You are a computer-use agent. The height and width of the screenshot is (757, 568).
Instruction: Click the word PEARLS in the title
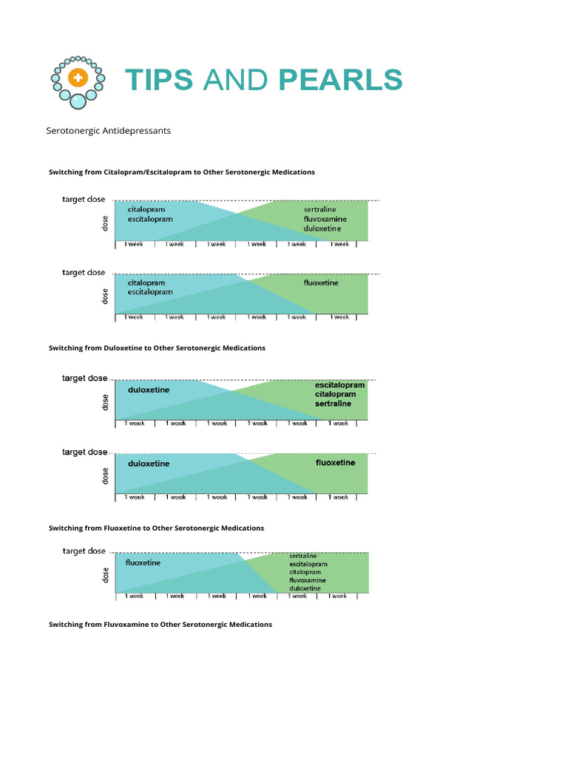[x=341, y=80]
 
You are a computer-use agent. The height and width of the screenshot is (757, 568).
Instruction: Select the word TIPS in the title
[x=159, y=80]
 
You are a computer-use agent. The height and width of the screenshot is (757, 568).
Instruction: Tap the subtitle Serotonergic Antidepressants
[x=109, y=131]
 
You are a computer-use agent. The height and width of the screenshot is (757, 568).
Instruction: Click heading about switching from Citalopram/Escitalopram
[x=182, y=172]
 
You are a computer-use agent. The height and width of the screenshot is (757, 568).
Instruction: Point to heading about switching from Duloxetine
[x=157, y=348]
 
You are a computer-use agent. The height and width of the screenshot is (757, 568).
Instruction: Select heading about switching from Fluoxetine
[x=156, y=529]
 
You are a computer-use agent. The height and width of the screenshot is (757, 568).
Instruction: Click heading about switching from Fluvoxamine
[x=160, y=625]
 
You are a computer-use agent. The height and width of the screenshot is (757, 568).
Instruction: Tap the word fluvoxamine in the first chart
[x=325, y=219]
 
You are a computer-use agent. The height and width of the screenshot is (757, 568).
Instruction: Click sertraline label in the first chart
[x=319, y=209]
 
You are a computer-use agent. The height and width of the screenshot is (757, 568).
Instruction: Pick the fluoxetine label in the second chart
[x=321, y=282]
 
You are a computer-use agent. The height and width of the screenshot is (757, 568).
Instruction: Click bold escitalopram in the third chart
[x=339, y=385]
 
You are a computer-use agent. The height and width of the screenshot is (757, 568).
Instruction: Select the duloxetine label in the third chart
[x=149, y=390]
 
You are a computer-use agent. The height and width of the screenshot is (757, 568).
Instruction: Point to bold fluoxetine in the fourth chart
[x=335, y=463]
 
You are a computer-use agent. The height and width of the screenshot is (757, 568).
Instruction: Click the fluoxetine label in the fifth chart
[x=143, y=563]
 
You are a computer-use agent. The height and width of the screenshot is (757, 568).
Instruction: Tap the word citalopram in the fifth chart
[x=305, y=572]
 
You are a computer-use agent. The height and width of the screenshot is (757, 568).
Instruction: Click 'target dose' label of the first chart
[x=84, y=200]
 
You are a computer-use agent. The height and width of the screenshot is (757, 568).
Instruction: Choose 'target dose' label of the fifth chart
[x=84, y=551]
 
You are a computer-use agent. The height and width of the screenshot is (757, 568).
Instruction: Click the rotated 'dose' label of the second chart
[x=105, y=296]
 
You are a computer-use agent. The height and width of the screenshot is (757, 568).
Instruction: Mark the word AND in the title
[x=235, y=80]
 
